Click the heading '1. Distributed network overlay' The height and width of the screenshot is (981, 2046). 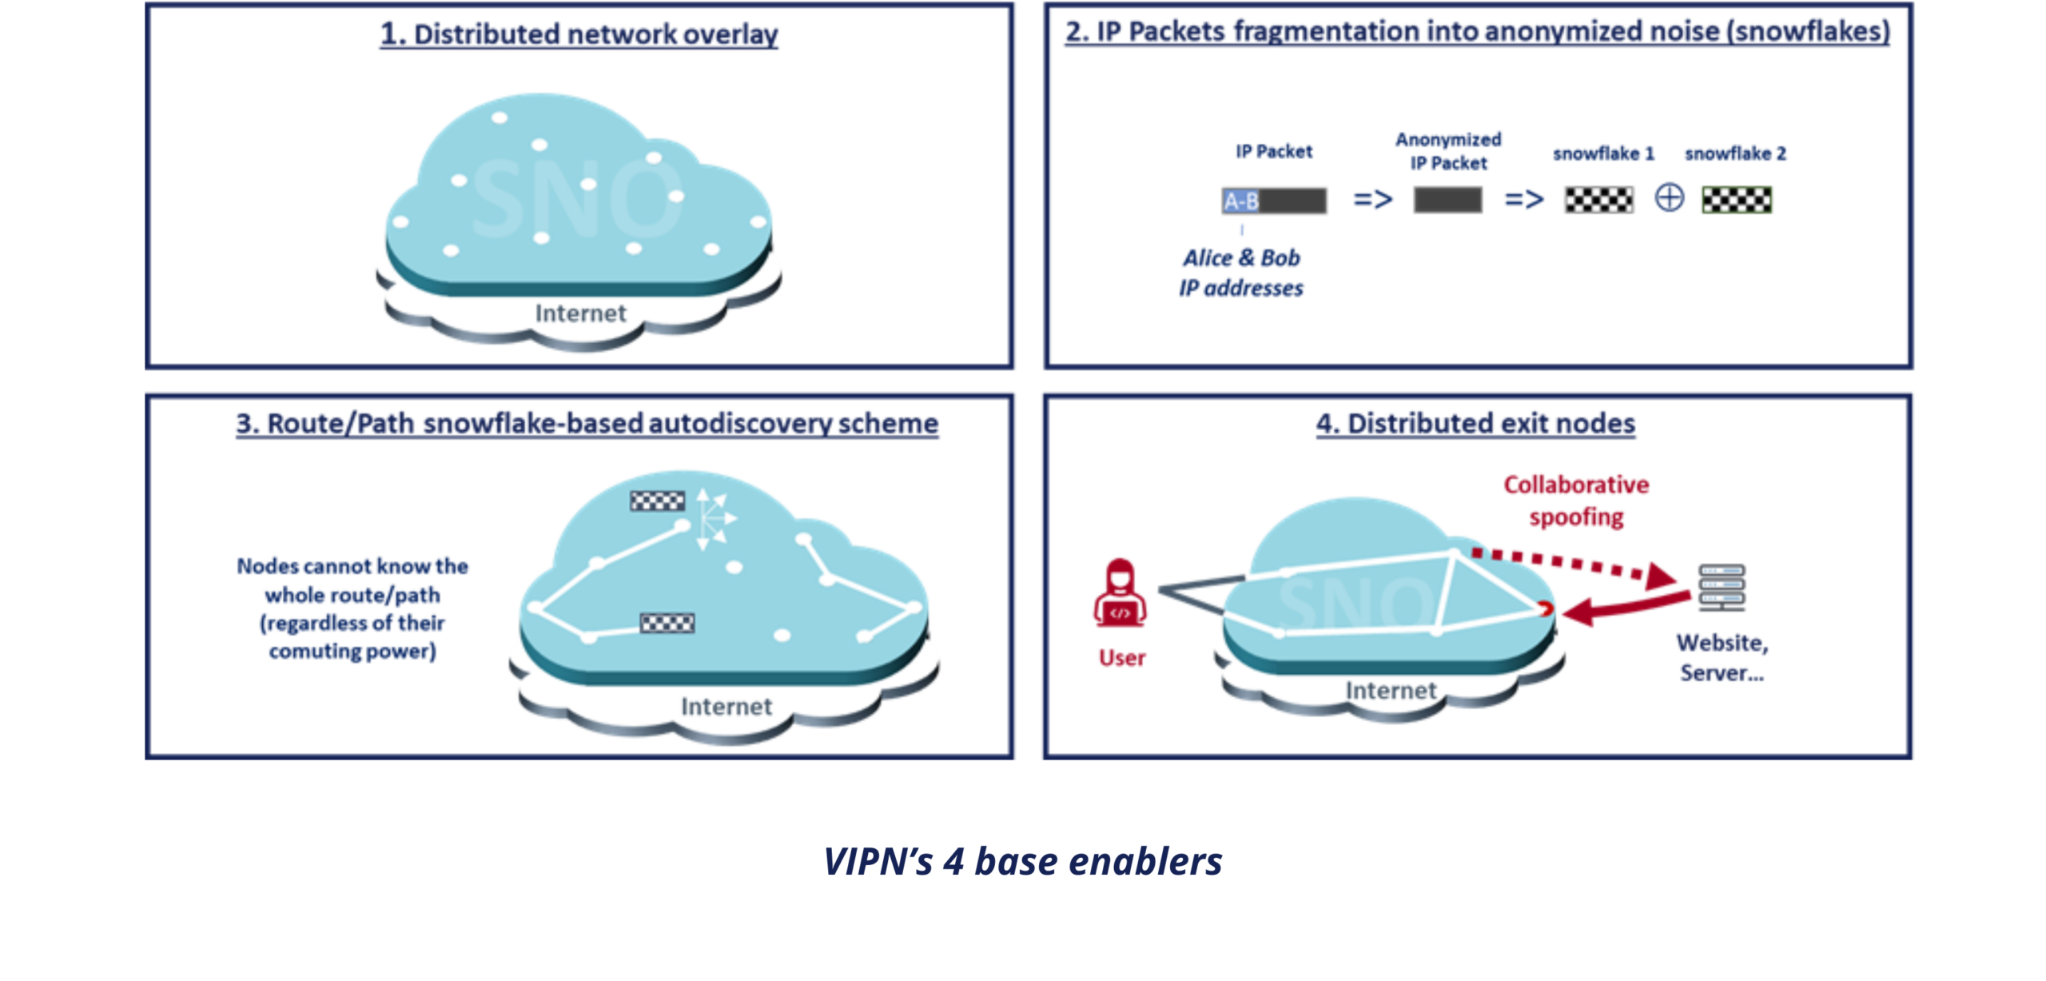pyautogui.click(x=579, y=34)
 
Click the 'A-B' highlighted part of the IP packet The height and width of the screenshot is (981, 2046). pyautogui.click(x=1240, y=201)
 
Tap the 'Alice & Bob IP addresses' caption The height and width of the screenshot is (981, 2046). pyautogui.click(x=1241, y=273)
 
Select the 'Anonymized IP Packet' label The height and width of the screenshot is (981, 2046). pyautogui.click(x=1448, y=151)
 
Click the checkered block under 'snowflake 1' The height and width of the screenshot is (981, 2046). pyautogui.click(x=1598, y=200)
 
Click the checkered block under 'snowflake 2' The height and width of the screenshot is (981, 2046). pyautogui.click(x=1736, y=200)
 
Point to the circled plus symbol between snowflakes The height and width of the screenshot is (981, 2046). pyautogui.click(x=1669, y=197)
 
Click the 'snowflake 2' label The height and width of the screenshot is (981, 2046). pyautogui.click(x=1735, y=154)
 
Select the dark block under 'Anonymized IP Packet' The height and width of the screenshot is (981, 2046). pyautogui.click(x=1447, y=200)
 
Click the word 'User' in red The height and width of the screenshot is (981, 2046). pyautogui.click(x=1122, y=658)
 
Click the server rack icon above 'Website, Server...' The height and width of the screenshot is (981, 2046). pyautogui.click(x=1722, y=588)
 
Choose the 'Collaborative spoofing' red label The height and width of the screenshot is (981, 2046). pyautogui.click(x=1576, y=500)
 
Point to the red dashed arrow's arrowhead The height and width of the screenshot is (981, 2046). pyautogui.click(x=1661, y=576)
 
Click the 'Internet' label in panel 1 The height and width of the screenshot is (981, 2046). pyautogui.click(x=580, y=313)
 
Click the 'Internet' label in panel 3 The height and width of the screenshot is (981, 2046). pyautogui.click(x=726, y=707)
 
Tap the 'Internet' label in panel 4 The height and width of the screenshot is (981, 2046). pyautogui.click(x=1391, y=691)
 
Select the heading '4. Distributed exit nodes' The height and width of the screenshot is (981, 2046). pyautogui.click(x=1475, y=424)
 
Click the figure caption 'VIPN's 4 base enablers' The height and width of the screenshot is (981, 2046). pyautogui.click(x=1023, y=862)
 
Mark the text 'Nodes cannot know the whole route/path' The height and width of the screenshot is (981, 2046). pyautogui.click(x=352, y=580)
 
